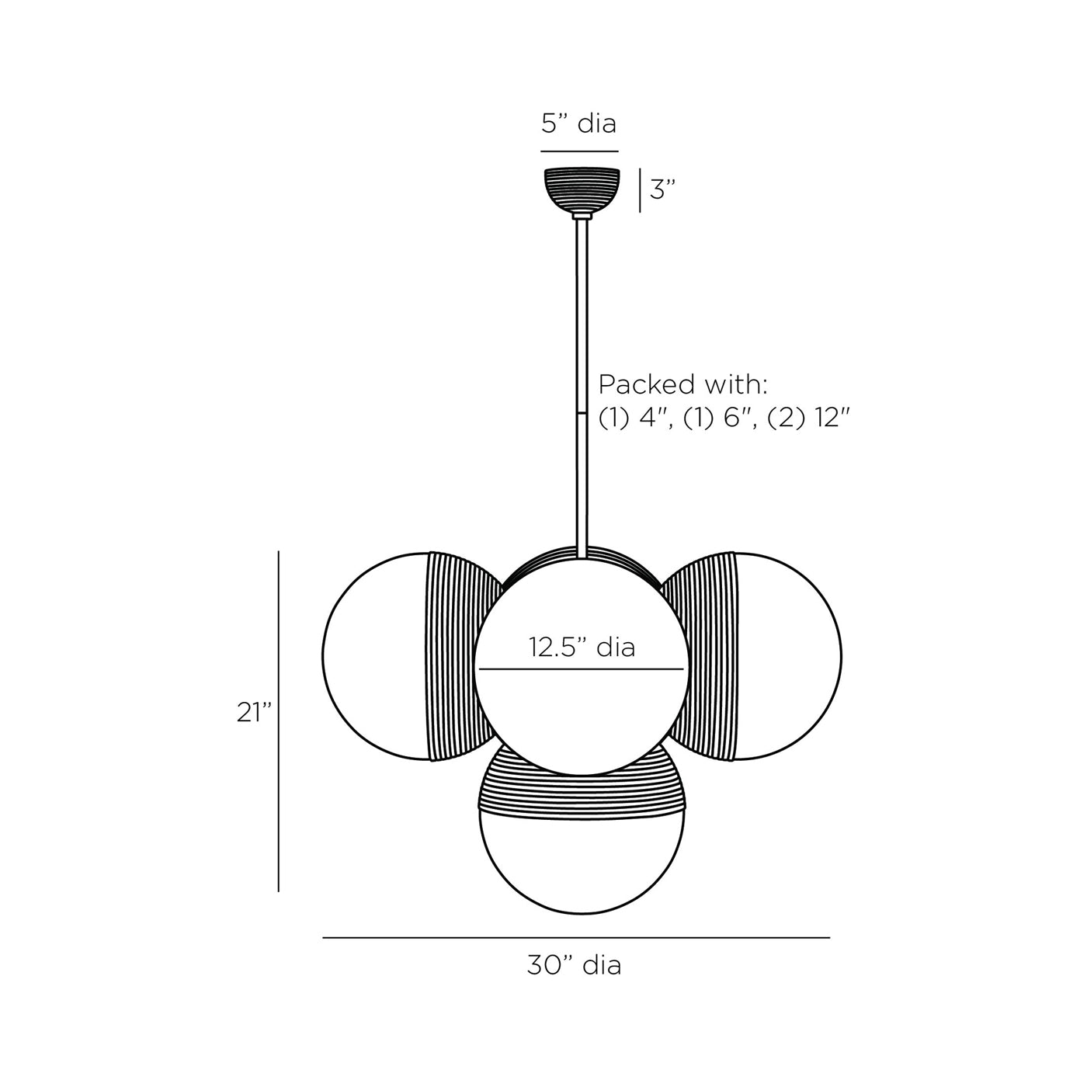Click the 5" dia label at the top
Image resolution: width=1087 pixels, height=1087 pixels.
coord(579,124)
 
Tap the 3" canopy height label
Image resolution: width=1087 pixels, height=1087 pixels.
coord(663,189)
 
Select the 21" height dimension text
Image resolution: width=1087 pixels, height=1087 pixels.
coord(255,713)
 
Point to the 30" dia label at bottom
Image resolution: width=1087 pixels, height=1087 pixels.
coord(575,965)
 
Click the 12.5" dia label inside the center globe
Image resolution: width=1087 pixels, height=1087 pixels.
coord(582,647)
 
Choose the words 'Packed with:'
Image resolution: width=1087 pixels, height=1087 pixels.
coord(682,384)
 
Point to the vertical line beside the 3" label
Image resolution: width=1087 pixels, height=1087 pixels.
coord(640,191)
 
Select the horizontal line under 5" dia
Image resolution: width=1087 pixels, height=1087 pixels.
coord(579,151)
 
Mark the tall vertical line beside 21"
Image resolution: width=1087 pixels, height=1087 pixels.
coord(279,722)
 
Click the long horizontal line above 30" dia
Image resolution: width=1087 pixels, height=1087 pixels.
coord(576,938)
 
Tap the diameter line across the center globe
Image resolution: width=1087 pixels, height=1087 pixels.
coord(582,669)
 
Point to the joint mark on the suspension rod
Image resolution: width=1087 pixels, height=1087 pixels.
coord(582,415)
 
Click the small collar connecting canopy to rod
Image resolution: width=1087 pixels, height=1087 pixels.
coord(582,217)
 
